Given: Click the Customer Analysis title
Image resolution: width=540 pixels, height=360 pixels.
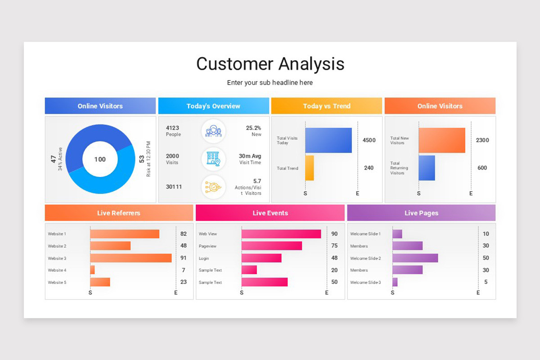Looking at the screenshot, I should [270, 64].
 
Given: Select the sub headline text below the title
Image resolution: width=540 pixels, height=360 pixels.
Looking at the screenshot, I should [270, 83].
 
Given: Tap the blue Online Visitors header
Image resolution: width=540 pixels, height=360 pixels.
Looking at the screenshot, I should [100, 106].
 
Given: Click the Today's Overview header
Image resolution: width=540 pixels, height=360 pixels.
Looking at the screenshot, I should [213, 106].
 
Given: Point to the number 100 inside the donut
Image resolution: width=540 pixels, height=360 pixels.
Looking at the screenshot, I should [100, 159].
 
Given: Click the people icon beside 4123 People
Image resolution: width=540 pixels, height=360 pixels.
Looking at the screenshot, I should [213, 131].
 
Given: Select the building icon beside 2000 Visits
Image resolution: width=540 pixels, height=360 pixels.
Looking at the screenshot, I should [213, 159].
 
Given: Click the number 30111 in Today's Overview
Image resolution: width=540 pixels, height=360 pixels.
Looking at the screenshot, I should [174, 187].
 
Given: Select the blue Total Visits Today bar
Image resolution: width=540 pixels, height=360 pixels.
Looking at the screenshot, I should [328, 140].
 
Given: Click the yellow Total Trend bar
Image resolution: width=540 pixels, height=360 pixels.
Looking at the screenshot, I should [310, 168].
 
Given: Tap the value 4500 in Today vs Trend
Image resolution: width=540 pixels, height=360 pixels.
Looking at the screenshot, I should [369, 140].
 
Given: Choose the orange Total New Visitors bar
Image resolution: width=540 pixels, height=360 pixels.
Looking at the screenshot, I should [442, 140].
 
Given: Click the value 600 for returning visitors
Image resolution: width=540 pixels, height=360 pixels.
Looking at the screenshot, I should [482, 168].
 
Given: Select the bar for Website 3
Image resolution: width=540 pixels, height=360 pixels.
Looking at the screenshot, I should [131, 258].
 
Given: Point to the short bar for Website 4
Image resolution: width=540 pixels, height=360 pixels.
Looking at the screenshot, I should [92, 270].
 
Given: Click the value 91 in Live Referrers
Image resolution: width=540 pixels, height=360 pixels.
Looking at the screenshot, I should [184, 258].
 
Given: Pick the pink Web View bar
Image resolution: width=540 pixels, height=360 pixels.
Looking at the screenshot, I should [281, 234].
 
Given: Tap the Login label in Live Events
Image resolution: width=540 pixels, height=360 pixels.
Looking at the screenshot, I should [203, 258].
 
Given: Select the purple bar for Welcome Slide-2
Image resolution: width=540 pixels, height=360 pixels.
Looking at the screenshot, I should [415, 258].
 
